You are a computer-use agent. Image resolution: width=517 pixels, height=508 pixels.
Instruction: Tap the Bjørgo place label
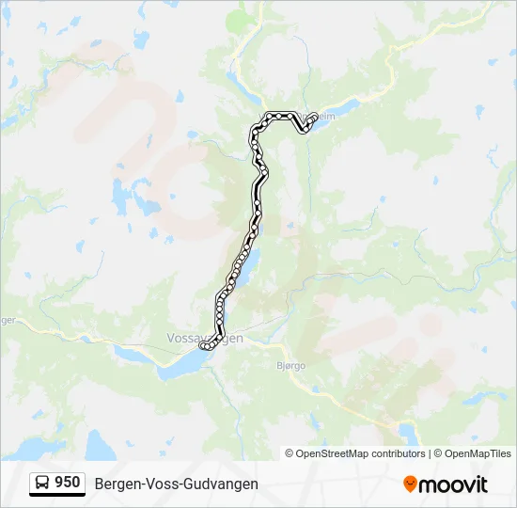291,366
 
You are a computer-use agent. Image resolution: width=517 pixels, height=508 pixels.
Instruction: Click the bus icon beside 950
42,483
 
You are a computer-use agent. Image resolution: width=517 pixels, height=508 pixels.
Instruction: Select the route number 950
68,483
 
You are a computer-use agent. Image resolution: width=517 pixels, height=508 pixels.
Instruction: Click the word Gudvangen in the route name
222,484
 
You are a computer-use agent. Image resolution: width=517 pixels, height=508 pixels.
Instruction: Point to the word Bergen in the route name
116,484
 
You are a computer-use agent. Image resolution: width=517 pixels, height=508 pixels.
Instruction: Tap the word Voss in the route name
161,484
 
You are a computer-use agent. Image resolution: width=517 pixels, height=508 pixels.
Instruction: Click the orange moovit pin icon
410,484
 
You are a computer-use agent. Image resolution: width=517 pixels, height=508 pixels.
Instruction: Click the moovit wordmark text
454,484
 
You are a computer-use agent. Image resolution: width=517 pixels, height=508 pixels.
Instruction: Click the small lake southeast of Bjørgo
410,432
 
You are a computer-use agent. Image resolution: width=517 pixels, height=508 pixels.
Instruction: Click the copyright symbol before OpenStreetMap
290,453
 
